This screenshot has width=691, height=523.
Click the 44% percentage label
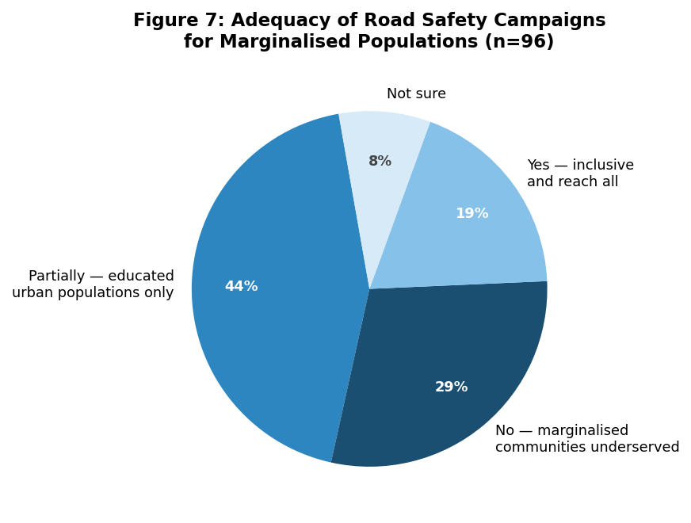241,286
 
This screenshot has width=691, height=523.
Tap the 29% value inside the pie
451,387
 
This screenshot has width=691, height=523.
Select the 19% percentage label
472,213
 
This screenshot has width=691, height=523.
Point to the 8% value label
380,162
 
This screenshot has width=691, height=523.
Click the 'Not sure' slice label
416,94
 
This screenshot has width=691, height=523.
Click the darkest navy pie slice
445,379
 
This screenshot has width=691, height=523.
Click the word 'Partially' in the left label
56,277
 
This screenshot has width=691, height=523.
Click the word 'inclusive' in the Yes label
603,165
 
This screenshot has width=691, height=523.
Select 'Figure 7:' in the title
179,21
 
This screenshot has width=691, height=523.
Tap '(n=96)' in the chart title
519,42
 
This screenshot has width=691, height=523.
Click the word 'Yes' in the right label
538,165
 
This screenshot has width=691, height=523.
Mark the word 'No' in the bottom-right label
505,430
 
